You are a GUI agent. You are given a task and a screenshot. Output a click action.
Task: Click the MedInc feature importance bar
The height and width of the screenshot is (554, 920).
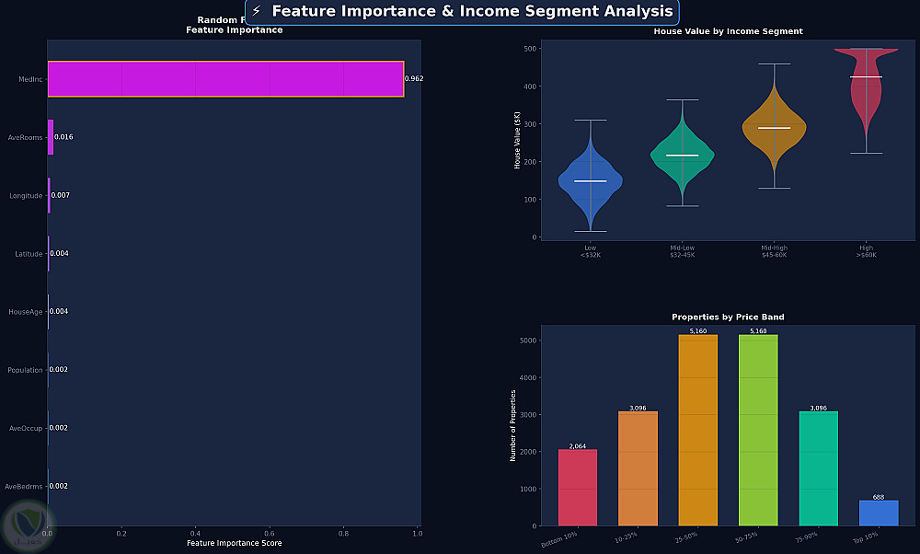pyautogui.click(x=225, y=79)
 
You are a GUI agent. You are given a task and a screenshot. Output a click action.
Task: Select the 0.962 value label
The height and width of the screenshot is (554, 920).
pyautogui.click(x=414, y=79)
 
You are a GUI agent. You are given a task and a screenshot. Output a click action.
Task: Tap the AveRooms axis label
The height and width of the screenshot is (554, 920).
pyautogui.click(x=26, y=137)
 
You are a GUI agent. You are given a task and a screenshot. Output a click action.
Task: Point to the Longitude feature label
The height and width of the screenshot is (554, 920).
pyautogui.click(x=26, y=195)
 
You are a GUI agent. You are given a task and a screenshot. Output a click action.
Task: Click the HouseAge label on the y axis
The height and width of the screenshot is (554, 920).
pyautogui.click(x=26, y=312)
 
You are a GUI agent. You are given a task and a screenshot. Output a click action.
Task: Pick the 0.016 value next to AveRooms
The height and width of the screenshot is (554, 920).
pyautogui.click(x=63, y=137)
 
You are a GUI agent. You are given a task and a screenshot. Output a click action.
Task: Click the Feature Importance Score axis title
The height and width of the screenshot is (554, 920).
pyautogui.click(x=234, y=543)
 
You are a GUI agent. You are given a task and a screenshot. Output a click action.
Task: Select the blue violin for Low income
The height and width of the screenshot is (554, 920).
pyautogui.click(x=590, y=181)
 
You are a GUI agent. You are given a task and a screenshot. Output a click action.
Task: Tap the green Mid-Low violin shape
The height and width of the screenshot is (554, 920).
pyautogui.click(x=682, y=156)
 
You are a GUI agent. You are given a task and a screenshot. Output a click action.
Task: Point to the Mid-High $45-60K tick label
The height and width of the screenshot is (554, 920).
pyautogui.click(x=774, y=251)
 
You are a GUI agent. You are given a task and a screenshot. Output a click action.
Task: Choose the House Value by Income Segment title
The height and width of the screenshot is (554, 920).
pyautogui.click(x=728, y=31)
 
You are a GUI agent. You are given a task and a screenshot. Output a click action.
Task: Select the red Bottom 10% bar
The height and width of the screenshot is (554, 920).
pyautogui.click(x=578, y=488)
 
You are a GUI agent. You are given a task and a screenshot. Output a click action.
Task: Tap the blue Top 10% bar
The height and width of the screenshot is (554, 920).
pyautogui.click(x=879, y=514)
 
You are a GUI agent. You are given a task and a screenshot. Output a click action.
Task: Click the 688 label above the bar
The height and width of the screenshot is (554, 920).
pyautogui.click(x=879, y=497)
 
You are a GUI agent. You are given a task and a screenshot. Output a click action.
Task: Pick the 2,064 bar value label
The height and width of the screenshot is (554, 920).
pyautogui.click(x=578, y=445)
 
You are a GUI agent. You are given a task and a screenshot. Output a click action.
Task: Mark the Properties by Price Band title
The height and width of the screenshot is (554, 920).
pyautogui.click(x=728, y=317)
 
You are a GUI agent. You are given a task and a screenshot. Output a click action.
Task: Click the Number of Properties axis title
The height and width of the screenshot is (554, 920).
pyautogui.click(x=513, y=425)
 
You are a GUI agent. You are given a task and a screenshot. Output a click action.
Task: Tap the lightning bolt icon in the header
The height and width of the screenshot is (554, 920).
pyautogui.click(x=257, y=11)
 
